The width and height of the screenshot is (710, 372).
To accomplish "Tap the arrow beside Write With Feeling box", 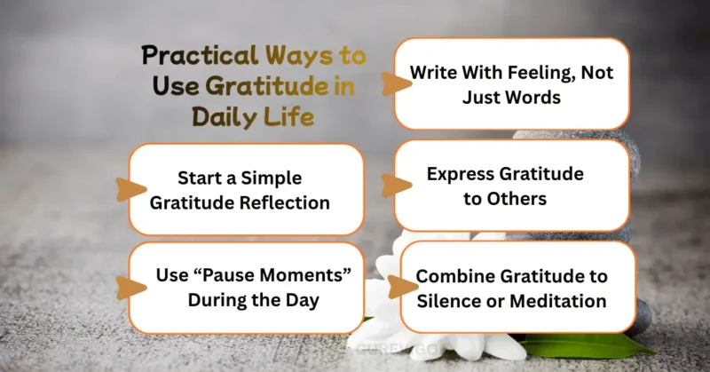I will [x=387, y=84].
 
